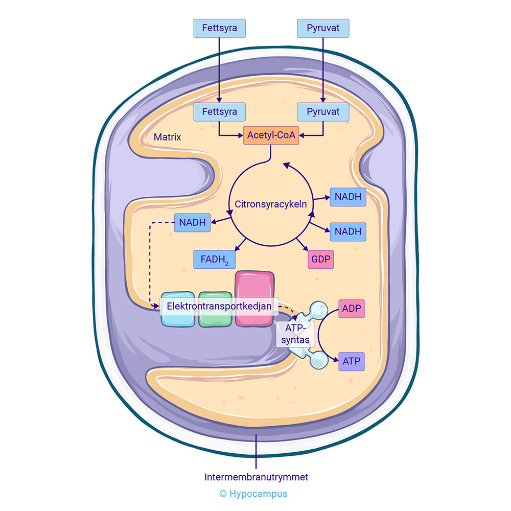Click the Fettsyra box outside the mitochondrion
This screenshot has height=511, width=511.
click(x=220, y=28)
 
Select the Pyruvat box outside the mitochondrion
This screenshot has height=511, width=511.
click(x=323, y=28)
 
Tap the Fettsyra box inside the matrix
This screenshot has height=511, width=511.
click(x=220, y=111)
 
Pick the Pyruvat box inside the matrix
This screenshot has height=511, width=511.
click(x=323, y=111)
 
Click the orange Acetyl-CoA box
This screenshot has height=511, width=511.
click(x=271, y=135)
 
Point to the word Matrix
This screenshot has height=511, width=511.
click(x=167, y=137)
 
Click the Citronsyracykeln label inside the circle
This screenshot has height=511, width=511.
click(x=271, y=204)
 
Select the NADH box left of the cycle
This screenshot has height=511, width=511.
click(x=193, y=222)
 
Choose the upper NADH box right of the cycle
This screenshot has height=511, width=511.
click(x=348, y=197)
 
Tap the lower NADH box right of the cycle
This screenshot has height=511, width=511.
click(x=348, y=231)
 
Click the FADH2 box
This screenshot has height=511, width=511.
click(x=215, y=260)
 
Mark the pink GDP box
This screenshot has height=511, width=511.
click(x=321, y=260)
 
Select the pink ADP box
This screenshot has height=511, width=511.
click(x=352, y=309)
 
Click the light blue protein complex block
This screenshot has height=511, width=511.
click(x=177, y=319)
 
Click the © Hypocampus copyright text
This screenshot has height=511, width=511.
click(x=253, y=494)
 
